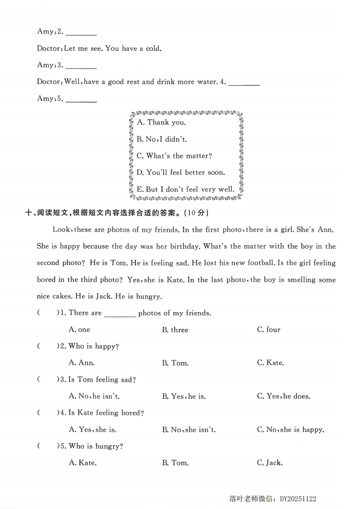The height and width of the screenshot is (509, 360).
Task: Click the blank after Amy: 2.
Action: (81, 33)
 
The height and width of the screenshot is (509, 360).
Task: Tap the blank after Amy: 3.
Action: (81, 66)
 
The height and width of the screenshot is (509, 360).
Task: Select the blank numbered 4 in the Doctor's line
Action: (244, 83)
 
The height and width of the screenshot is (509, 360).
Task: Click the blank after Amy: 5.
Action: (81, 100)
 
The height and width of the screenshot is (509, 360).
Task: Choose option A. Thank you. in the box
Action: (161, 122)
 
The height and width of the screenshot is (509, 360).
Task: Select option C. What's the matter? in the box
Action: (174, 156)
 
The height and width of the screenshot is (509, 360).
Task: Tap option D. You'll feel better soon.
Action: (181, 173)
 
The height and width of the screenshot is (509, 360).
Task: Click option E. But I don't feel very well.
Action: (186, 190)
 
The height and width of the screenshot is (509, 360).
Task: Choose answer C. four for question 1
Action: (269, 330)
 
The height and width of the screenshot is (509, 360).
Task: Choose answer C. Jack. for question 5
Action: (270, 463)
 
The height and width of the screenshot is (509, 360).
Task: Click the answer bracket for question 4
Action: (45, 413)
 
